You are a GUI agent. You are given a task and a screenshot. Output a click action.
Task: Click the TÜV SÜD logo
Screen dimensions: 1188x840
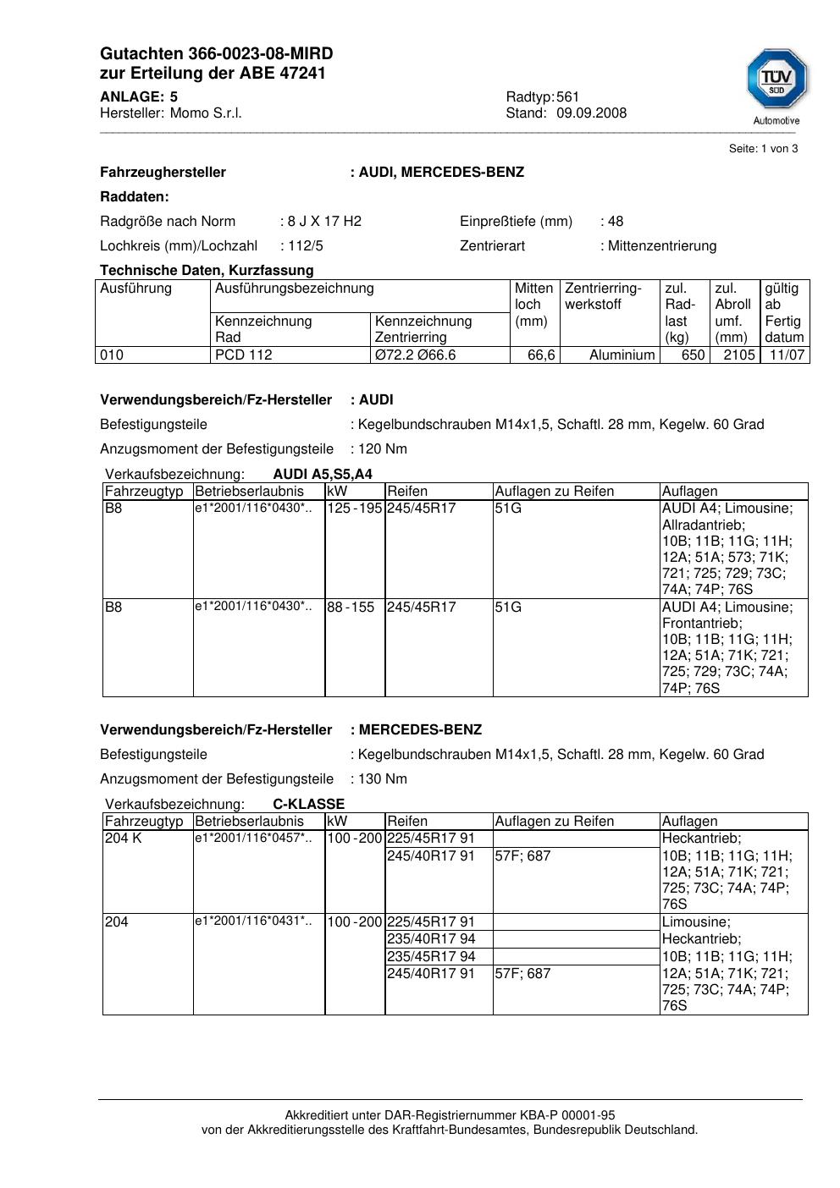click(x=776, y=80)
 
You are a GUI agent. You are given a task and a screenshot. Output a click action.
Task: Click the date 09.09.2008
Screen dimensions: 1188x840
click(x=591, y=113)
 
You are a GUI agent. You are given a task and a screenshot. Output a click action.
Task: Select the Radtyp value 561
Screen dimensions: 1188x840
click(x=568, y=97)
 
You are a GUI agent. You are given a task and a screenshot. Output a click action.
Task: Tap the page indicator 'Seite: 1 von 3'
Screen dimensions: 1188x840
click(x=763, y=149)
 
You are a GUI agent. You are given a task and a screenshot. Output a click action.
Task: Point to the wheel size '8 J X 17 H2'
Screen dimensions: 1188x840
click(x=324, y=222)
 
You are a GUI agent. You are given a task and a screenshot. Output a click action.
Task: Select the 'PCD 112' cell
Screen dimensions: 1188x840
click(x=244, y=355)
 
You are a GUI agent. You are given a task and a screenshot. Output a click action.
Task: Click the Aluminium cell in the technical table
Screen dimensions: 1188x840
click(x=622, y=355)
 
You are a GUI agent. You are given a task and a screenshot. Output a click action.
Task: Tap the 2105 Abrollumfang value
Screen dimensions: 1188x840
click(x=738, y=355)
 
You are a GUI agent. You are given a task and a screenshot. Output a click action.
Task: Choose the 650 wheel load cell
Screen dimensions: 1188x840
click(x=693, y=355)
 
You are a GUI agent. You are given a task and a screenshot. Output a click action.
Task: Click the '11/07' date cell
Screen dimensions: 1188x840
click(x=787, y=355)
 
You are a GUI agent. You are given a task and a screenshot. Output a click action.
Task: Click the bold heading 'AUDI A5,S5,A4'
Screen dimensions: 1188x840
click(x=323, y=475)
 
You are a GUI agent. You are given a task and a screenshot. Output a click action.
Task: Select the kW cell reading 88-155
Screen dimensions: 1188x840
click(x=351, y=608)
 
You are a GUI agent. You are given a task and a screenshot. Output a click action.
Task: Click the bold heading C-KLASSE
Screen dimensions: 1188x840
click(x=308, y=805)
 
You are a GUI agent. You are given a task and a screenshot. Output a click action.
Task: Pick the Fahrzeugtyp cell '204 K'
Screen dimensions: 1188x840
click(x=124, y=839)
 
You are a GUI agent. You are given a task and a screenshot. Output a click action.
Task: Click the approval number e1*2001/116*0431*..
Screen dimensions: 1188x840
click(x=253, y=921)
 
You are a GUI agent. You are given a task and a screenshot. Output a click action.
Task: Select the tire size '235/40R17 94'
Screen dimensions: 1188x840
click(x=431, y=939)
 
